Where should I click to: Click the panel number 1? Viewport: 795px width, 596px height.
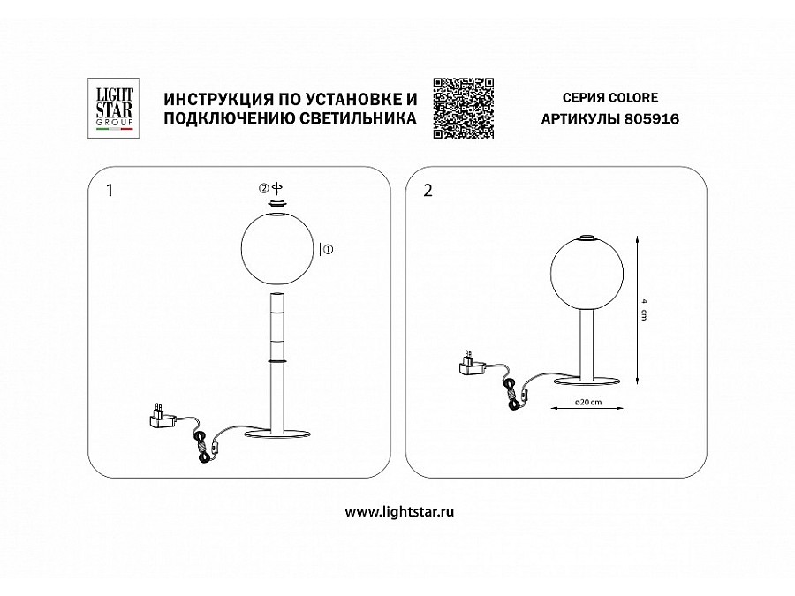pos(109,192)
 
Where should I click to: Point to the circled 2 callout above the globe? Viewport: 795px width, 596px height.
pos(263,188)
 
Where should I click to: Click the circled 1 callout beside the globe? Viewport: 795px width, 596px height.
pos(328,250)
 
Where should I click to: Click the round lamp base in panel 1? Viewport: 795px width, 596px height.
pos(277,434)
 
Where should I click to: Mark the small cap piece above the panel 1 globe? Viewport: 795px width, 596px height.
pos(277,203)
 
